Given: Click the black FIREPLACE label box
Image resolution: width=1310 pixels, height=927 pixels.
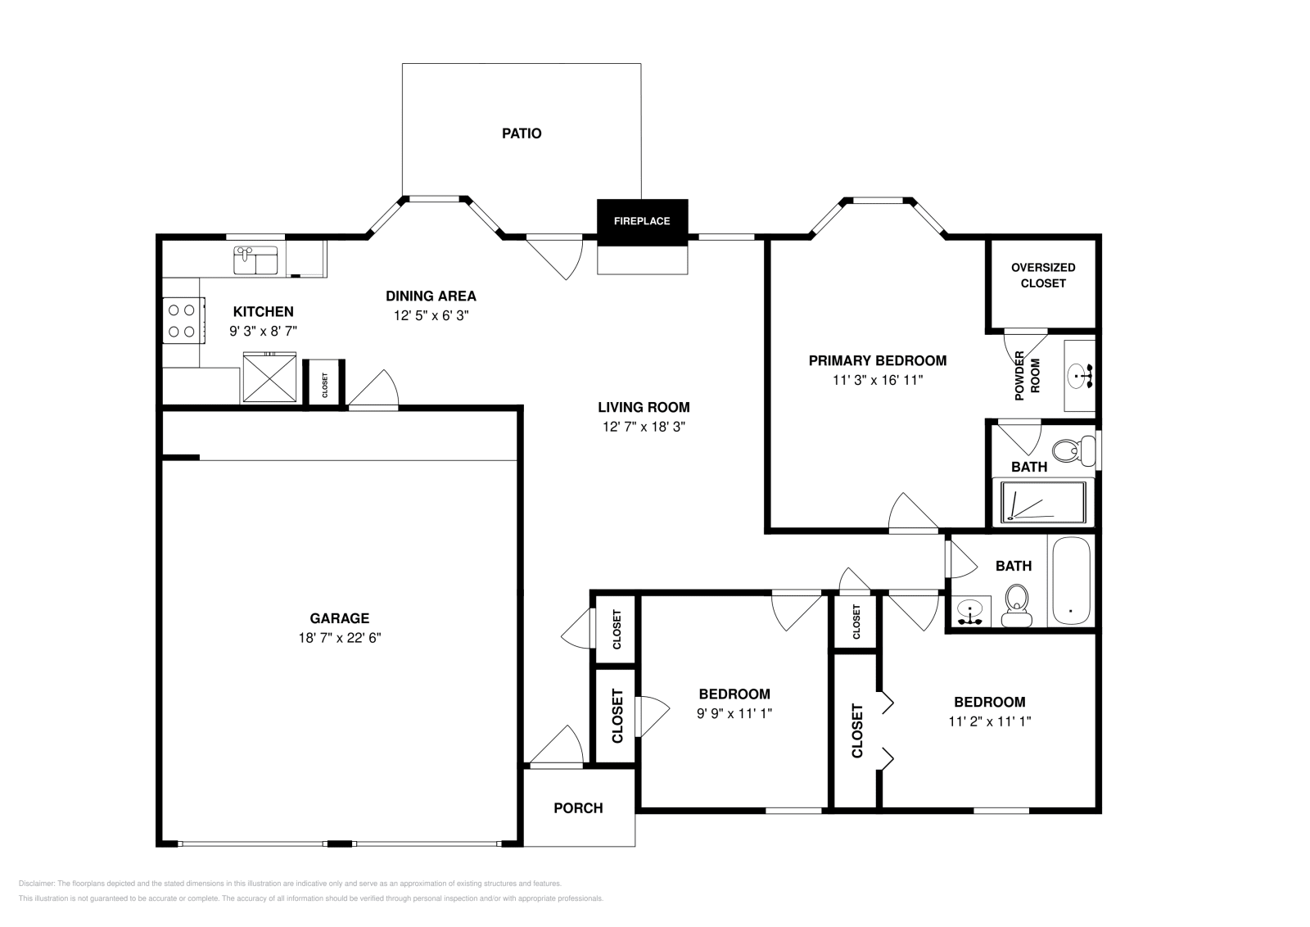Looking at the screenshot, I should (642, 221).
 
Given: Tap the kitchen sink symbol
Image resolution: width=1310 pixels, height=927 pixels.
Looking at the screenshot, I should (256, 261).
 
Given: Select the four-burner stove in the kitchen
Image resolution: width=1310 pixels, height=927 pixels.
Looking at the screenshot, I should (182, 321).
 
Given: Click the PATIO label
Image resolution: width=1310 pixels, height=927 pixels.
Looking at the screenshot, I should (522, 133).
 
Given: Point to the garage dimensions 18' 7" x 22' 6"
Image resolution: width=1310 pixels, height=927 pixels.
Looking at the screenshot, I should (340, 638).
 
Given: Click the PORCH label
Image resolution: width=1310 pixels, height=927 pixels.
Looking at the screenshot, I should (578, 808).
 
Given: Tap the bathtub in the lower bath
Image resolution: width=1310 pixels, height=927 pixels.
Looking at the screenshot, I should (1069, 581).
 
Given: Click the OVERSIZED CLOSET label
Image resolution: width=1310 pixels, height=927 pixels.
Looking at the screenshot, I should (1043, 275).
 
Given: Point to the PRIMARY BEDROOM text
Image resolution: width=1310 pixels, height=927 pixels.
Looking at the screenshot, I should (877, 360).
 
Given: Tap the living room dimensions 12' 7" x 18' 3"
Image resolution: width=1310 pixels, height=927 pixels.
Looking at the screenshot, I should (643, 427).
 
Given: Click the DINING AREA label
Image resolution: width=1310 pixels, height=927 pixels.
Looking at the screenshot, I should (431, 296).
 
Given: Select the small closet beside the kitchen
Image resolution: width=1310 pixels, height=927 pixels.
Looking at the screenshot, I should (324, 382).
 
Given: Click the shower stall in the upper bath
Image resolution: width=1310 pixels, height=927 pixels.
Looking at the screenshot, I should (1043, 503).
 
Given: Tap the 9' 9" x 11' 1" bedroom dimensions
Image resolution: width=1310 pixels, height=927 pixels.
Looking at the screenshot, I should (734, 713).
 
